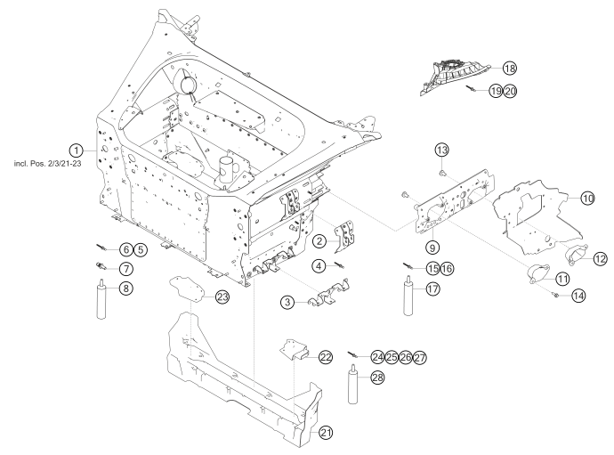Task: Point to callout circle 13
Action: point(442,148)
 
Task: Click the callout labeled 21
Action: point(327,433)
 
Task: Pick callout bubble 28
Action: point(377,378)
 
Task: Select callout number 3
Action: point(287,303)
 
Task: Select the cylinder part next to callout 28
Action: point(353,384)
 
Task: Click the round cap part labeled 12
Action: point(574,256)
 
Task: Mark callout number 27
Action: point(420,357)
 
